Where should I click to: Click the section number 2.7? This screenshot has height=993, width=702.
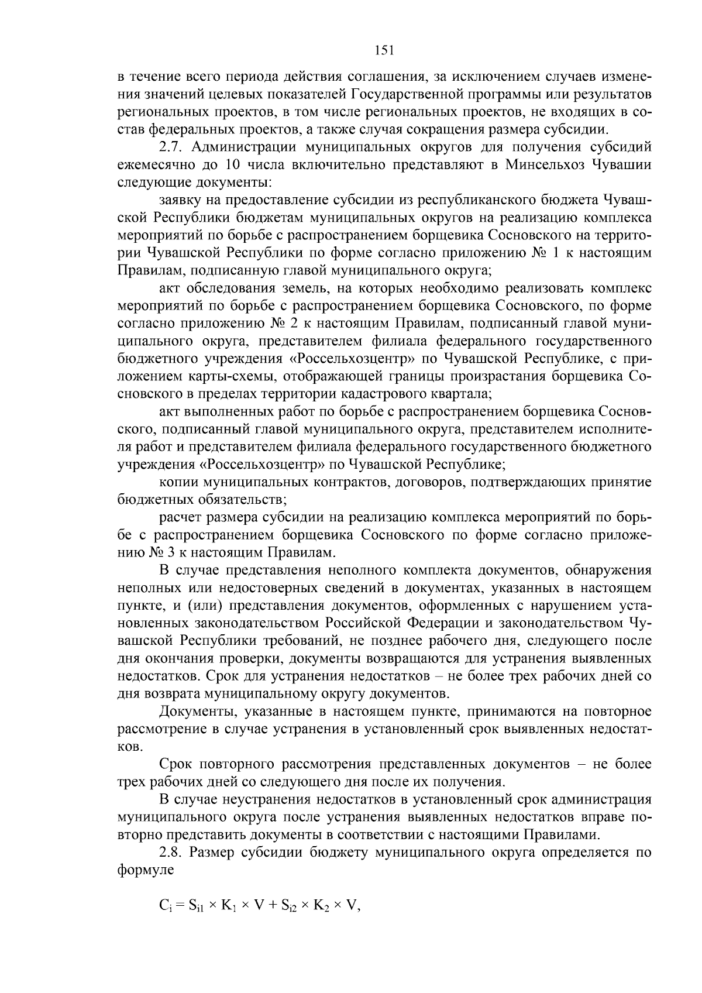[x=171, y=146]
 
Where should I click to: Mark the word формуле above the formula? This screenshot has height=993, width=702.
[x=146, y=870]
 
